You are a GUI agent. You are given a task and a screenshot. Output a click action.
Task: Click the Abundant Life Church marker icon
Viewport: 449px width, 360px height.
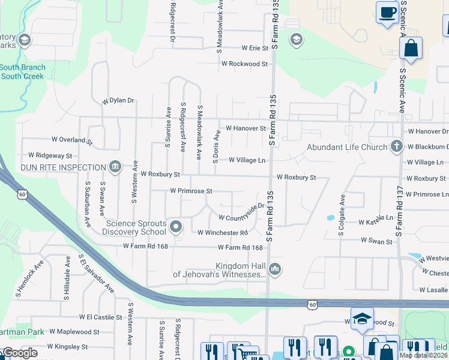click(x=396, y=146)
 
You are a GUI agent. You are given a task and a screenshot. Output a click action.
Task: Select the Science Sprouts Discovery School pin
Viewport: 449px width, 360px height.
click(x=175, y=227)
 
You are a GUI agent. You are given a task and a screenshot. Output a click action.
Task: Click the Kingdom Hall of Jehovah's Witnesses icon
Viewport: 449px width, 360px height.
click(x=275, y=269)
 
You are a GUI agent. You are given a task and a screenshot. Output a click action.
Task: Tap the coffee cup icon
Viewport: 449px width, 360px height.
click(x=388, y=13)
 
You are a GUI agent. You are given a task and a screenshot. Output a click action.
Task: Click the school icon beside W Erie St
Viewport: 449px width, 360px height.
click(x=295, y=40)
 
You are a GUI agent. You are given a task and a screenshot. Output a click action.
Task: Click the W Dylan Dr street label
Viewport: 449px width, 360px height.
click(x=118, y=101)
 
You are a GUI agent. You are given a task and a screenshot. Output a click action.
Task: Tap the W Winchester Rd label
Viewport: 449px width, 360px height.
click(x=222, y=232)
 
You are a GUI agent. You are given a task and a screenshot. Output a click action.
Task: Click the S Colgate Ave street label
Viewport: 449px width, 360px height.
click(x=342, y=215)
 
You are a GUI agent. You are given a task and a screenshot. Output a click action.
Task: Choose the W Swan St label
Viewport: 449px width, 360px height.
click(x=376, y=241)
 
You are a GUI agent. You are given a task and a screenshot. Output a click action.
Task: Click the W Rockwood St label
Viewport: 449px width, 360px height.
click(x=244, y=64)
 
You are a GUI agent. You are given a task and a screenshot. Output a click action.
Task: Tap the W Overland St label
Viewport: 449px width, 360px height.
click(x=72, y=140)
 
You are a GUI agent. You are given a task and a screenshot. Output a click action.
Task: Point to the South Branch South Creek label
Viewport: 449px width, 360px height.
click(x=22, y=72)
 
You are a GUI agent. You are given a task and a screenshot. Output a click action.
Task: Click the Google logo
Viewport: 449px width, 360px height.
click(x=20, y=353)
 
